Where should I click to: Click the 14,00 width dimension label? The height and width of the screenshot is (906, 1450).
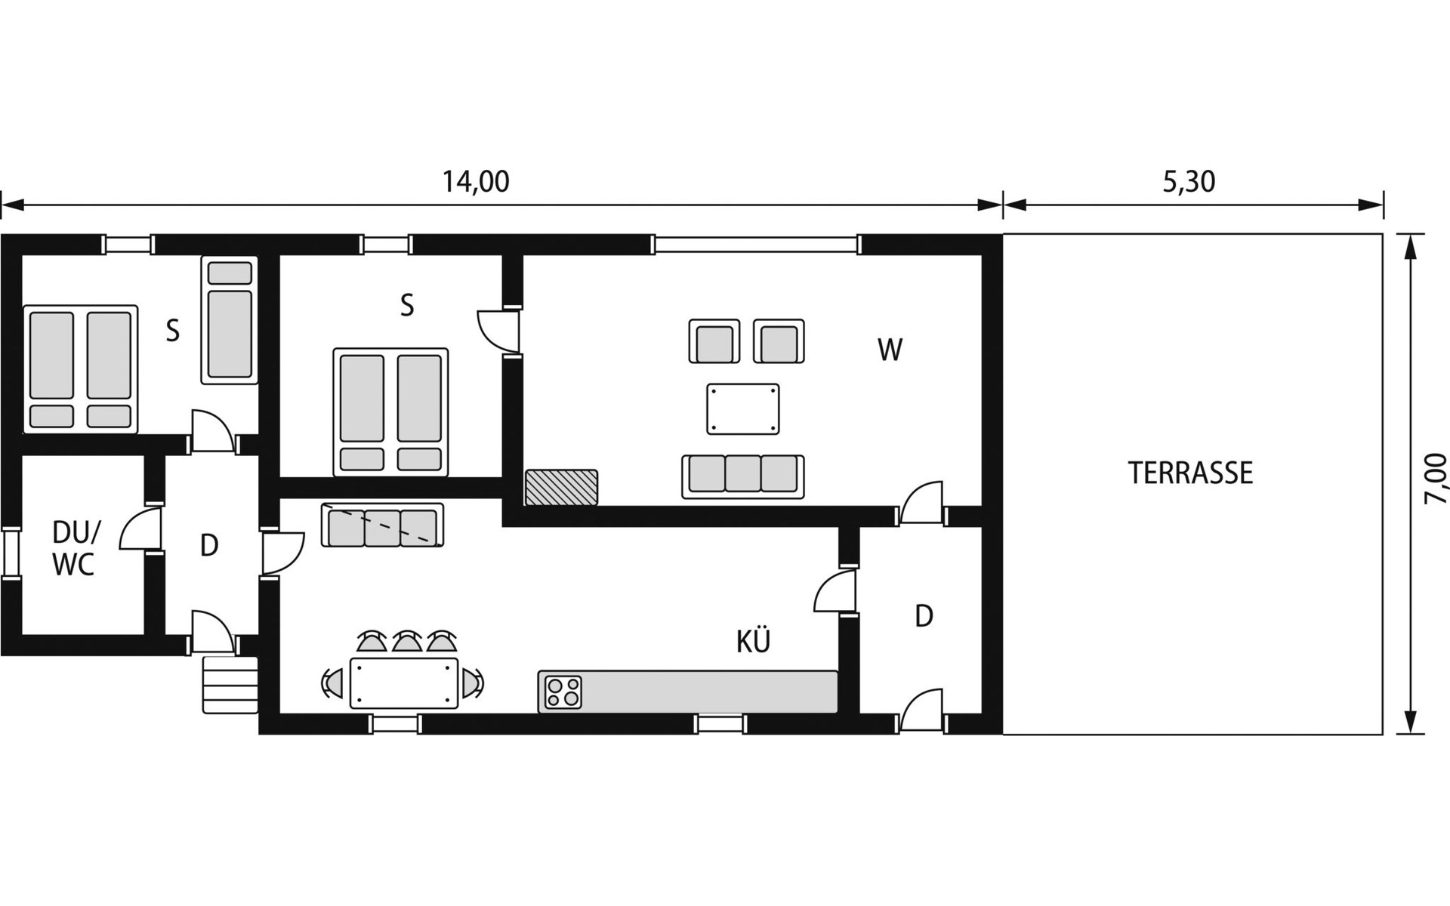point(475,182)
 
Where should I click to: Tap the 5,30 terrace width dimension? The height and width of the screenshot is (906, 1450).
point(1189,182)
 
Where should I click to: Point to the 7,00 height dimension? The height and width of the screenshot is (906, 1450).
point(1436,479)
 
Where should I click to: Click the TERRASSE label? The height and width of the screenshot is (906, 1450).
point(1190,473)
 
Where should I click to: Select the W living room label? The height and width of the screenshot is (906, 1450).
point(890,350)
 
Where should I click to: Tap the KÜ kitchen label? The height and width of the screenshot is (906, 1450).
point(753,640)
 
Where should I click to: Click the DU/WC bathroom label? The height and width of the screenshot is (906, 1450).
point(75,548)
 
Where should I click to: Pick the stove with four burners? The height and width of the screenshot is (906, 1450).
point(563,692)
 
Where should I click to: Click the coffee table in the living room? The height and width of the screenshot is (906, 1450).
point(743,408)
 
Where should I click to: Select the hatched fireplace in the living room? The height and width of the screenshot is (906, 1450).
point(562,487)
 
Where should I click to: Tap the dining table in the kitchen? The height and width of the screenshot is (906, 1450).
point(404,683)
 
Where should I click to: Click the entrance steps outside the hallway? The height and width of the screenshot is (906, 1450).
point(230,685)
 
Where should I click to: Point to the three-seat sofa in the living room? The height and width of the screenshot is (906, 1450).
point(743,476)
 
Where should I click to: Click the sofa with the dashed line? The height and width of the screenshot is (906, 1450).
point(382,525)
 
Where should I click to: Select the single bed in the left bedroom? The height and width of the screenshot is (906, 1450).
point(230,320)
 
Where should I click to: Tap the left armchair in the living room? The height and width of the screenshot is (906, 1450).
point(714,341)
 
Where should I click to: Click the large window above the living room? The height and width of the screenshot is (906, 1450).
point(757,245)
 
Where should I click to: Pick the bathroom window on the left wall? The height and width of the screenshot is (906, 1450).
point(10,553)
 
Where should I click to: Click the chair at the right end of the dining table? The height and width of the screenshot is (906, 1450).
point(473,683)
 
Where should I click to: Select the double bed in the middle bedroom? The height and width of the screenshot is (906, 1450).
point(390,412)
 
